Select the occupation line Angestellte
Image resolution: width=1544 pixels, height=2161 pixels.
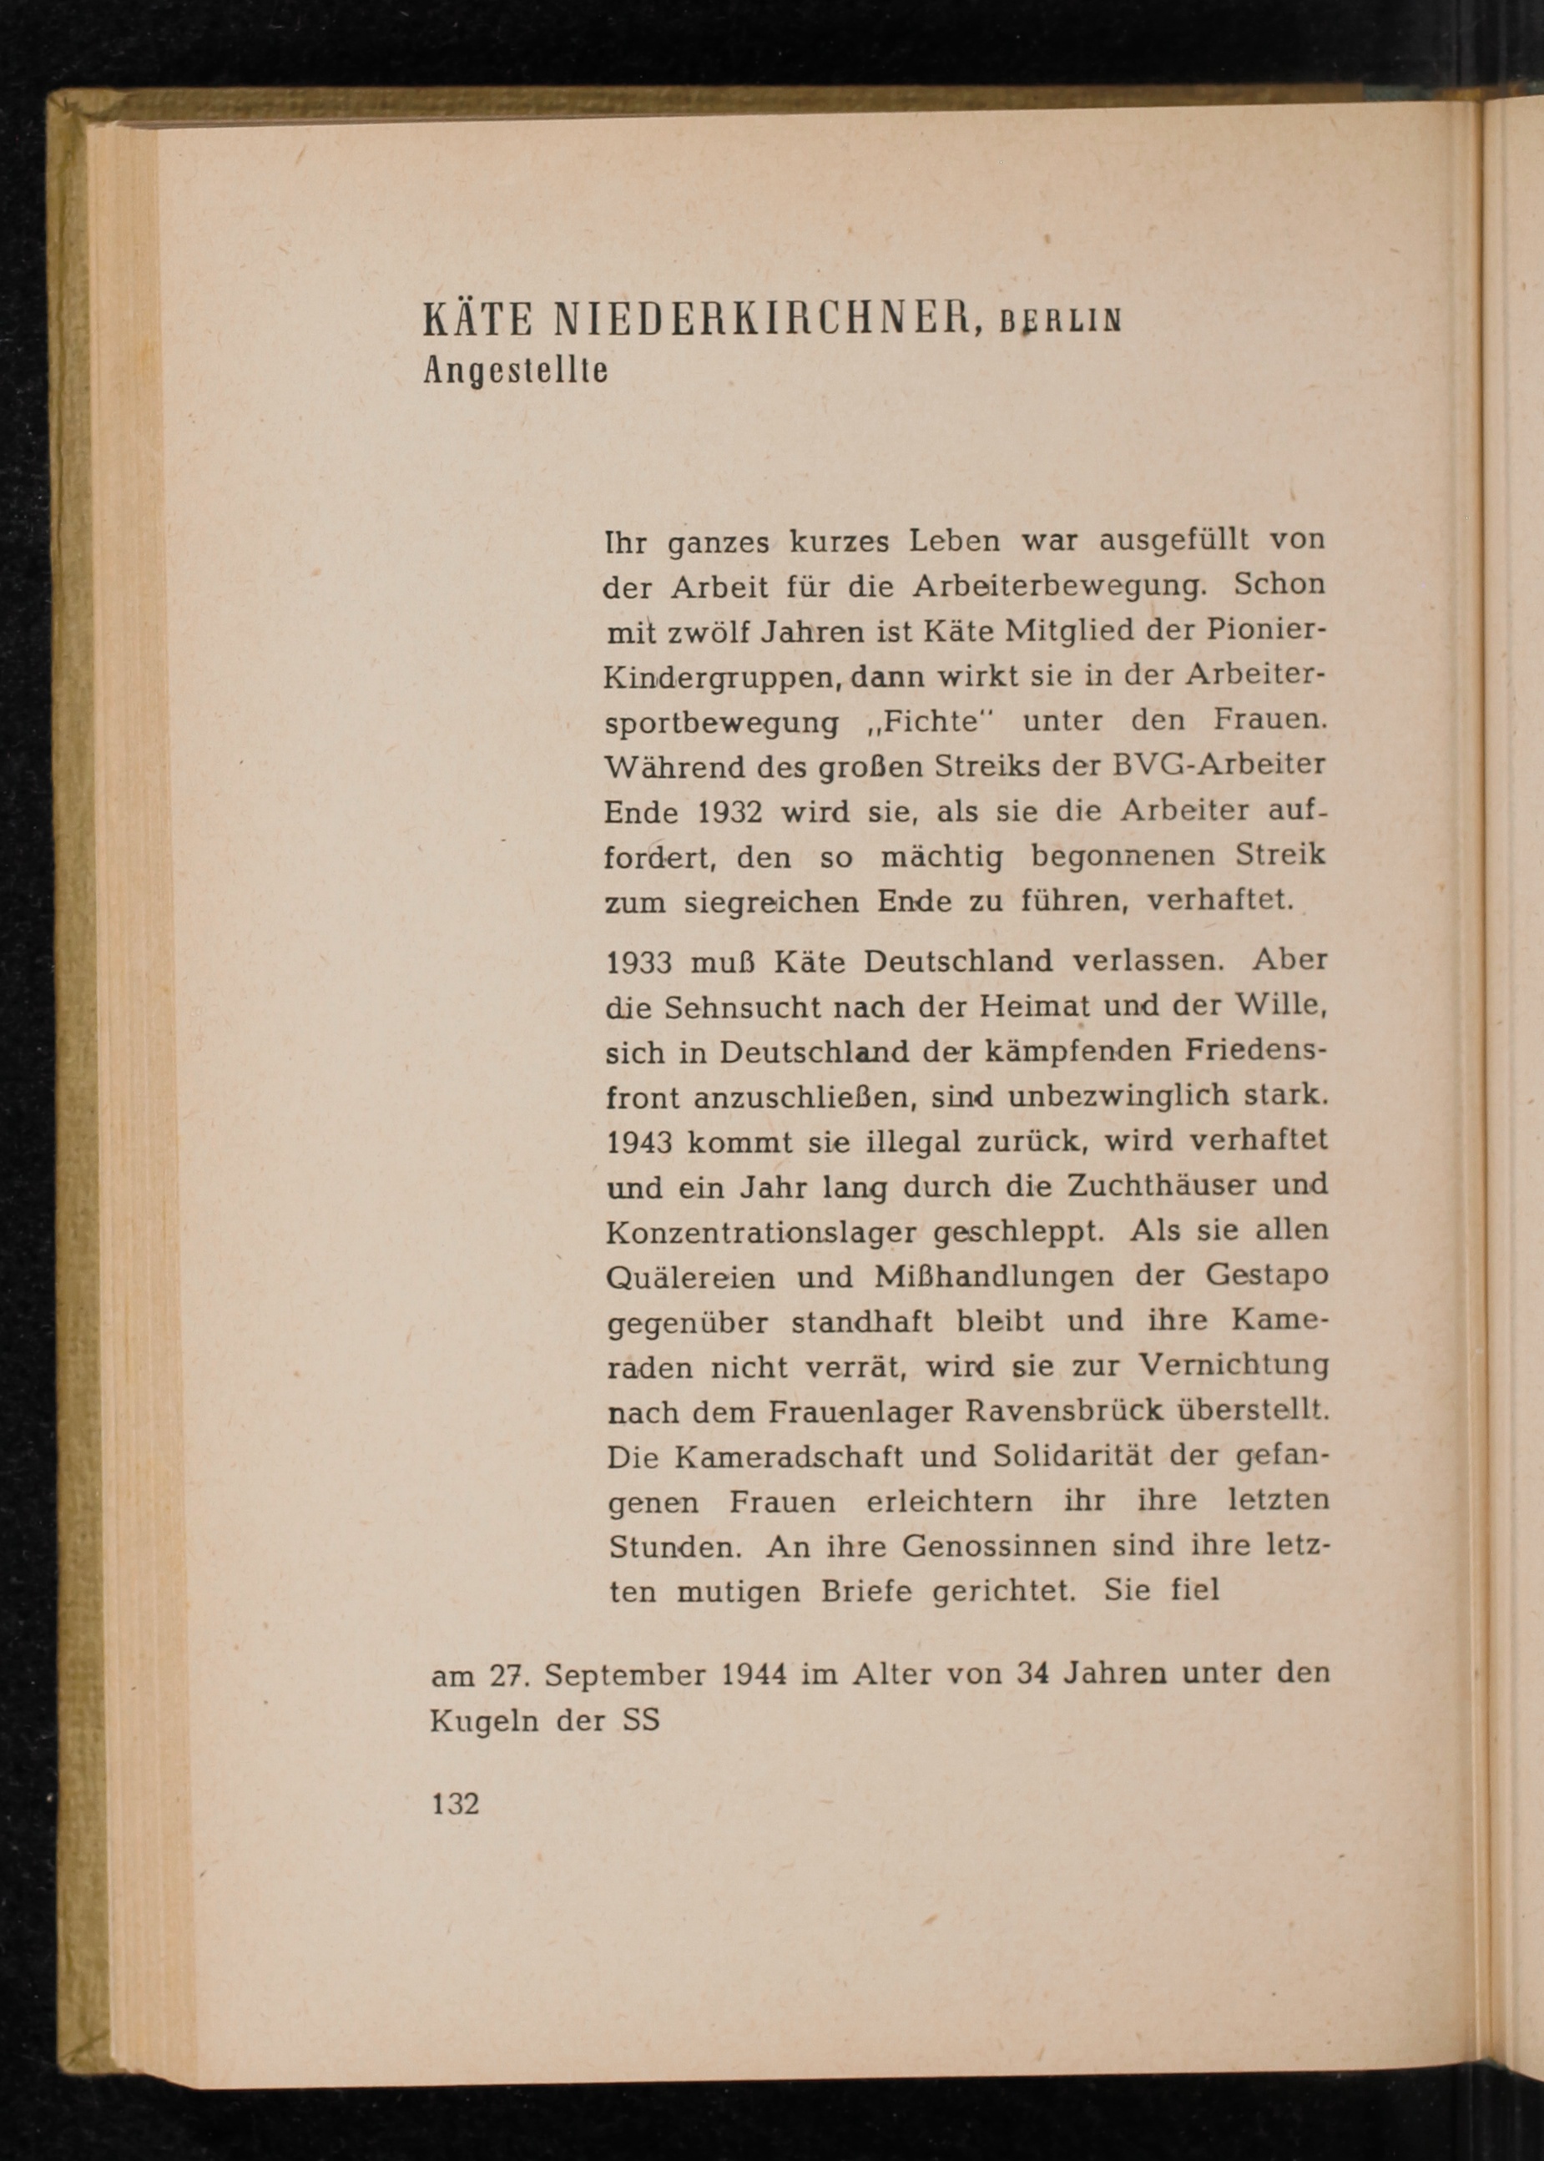(515, 370)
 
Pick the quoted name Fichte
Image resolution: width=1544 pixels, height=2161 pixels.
(929, 722)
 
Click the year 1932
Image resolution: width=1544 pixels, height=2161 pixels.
(730, 813)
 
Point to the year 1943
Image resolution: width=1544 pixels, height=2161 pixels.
(638, 1142)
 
